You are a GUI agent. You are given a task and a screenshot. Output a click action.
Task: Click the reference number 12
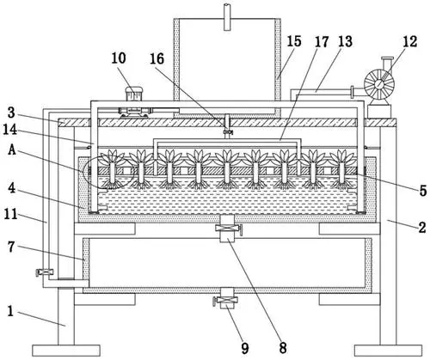click(x=409, y=42)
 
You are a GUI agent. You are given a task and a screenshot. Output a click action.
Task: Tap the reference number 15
click(x=294, y=41)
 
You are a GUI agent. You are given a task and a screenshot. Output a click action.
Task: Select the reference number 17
click(x=322, y=42)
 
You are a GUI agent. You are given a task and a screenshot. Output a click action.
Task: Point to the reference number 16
click(x=157, y=59)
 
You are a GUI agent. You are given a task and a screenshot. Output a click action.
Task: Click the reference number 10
click(x=119, y=58)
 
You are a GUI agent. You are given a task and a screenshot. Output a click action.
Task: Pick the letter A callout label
click(x=12, y=149)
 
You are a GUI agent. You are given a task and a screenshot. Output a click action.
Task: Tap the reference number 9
click(x=244, y=349)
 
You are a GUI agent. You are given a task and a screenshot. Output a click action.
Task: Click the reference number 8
click(x=283, y=348)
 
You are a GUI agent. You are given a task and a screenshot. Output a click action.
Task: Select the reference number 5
click(x=423, y=191)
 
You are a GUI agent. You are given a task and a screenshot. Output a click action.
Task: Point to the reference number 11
click(x=10, y=214)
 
